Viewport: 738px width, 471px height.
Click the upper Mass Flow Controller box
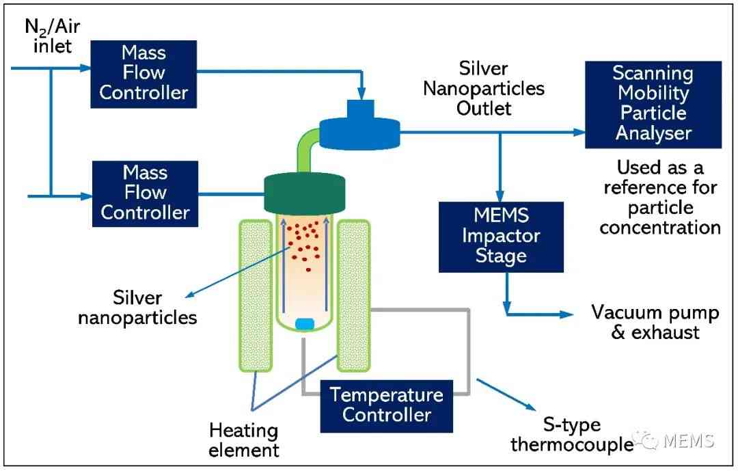(143, 75)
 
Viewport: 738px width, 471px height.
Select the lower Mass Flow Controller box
(145, 193)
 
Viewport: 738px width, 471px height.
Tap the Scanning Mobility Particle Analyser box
(653, 105)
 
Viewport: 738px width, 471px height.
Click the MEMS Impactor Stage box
(501, 237)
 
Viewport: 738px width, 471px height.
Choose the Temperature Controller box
(386, 406)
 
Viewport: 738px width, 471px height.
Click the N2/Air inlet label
(52, 36)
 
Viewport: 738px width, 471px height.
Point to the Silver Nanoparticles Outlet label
(483, 89)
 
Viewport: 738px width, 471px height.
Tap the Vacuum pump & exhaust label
(655, 322)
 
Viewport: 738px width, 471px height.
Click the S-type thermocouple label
(572, 434)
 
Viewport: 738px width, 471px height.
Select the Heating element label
(244, 440)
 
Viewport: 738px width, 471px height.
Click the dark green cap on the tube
(305, 193)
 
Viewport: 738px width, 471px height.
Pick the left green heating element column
(256, 295)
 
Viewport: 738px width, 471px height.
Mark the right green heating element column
(353, 295)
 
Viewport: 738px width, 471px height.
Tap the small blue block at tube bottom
(305, 324)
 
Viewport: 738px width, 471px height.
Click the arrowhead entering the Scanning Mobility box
(579, 133)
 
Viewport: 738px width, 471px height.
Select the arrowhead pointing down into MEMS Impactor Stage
(500, 196)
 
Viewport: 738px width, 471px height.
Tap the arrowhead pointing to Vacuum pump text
(566, 314)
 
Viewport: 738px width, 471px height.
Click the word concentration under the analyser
(660, 228)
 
